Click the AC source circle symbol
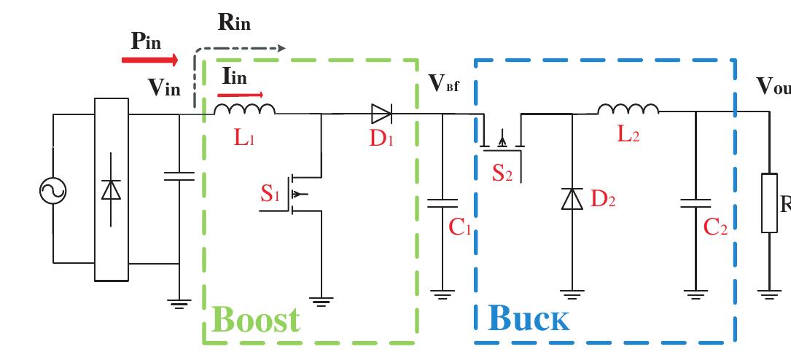[x=52, y=191]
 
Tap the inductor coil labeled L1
[x=244, y=109]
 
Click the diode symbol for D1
[x=381, y=114]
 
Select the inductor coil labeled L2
[x=628, y=109]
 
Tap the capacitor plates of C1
[x=442, y=203]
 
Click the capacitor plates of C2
[x=695, y=203]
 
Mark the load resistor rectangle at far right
[x=769, y=203]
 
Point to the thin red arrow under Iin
[x=241, y=94]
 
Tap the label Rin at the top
[x=234, y=23]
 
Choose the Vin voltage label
[x=164, y=87]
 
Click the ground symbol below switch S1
[x=321, y=300]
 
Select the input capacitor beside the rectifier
[x=179, y=176]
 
